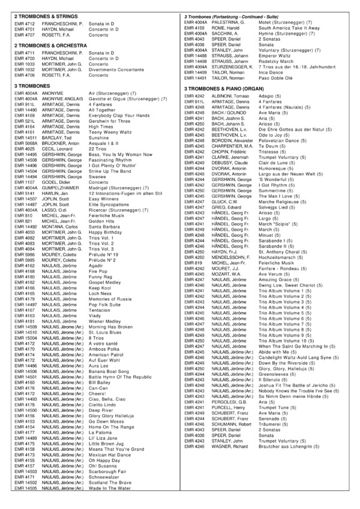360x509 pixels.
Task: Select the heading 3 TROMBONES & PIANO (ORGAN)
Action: (x=225, y=89)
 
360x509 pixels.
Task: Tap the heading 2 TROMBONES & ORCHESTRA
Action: (x=49, y=45)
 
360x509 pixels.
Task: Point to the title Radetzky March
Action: (x=277, y=61)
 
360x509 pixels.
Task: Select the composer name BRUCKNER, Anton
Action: (x=61, y=143)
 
